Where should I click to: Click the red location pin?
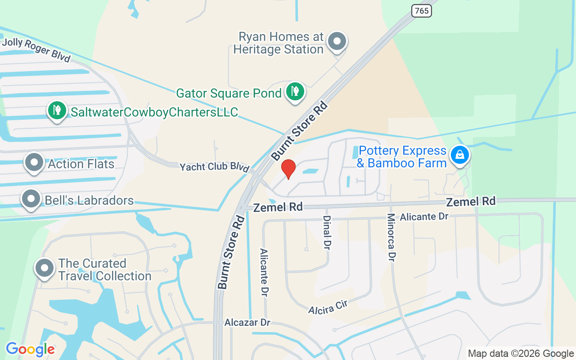coord(288,169)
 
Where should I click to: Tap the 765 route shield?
coord(422,10)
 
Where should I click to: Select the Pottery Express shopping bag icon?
coord(459,155)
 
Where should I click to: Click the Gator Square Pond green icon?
coord(295,91)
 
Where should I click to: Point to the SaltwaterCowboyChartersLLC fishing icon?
coord(57,110)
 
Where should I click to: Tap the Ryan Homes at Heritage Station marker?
coord(337,41)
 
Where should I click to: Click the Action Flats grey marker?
coord(34,163)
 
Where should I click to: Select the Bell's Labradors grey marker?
coord(31,199)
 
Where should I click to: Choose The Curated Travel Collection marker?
coord(45,268)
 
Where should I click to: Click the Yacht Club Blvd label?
coord(214,167)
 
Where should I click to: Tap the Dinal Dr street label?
coord(327,232)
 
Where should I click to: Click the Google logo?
coord(30,349)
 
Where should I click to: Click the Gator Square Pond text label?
coord(229,93)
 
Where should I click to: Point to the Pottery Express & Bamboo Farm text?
coord(402,157)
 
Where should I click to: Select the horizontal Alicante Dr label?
coord(424,216)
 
